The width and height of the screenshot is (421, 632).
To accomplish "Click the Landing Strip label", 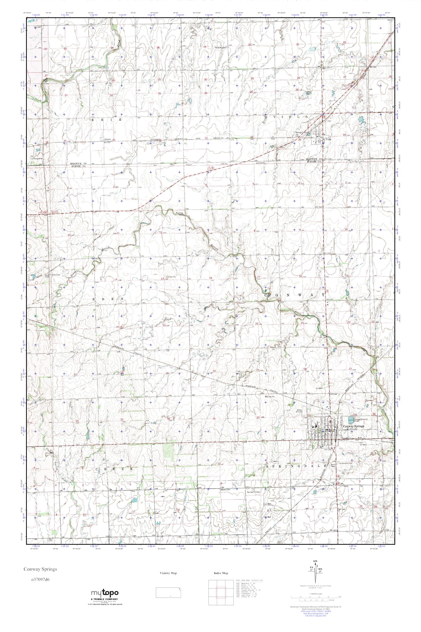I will pos(37,158).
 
